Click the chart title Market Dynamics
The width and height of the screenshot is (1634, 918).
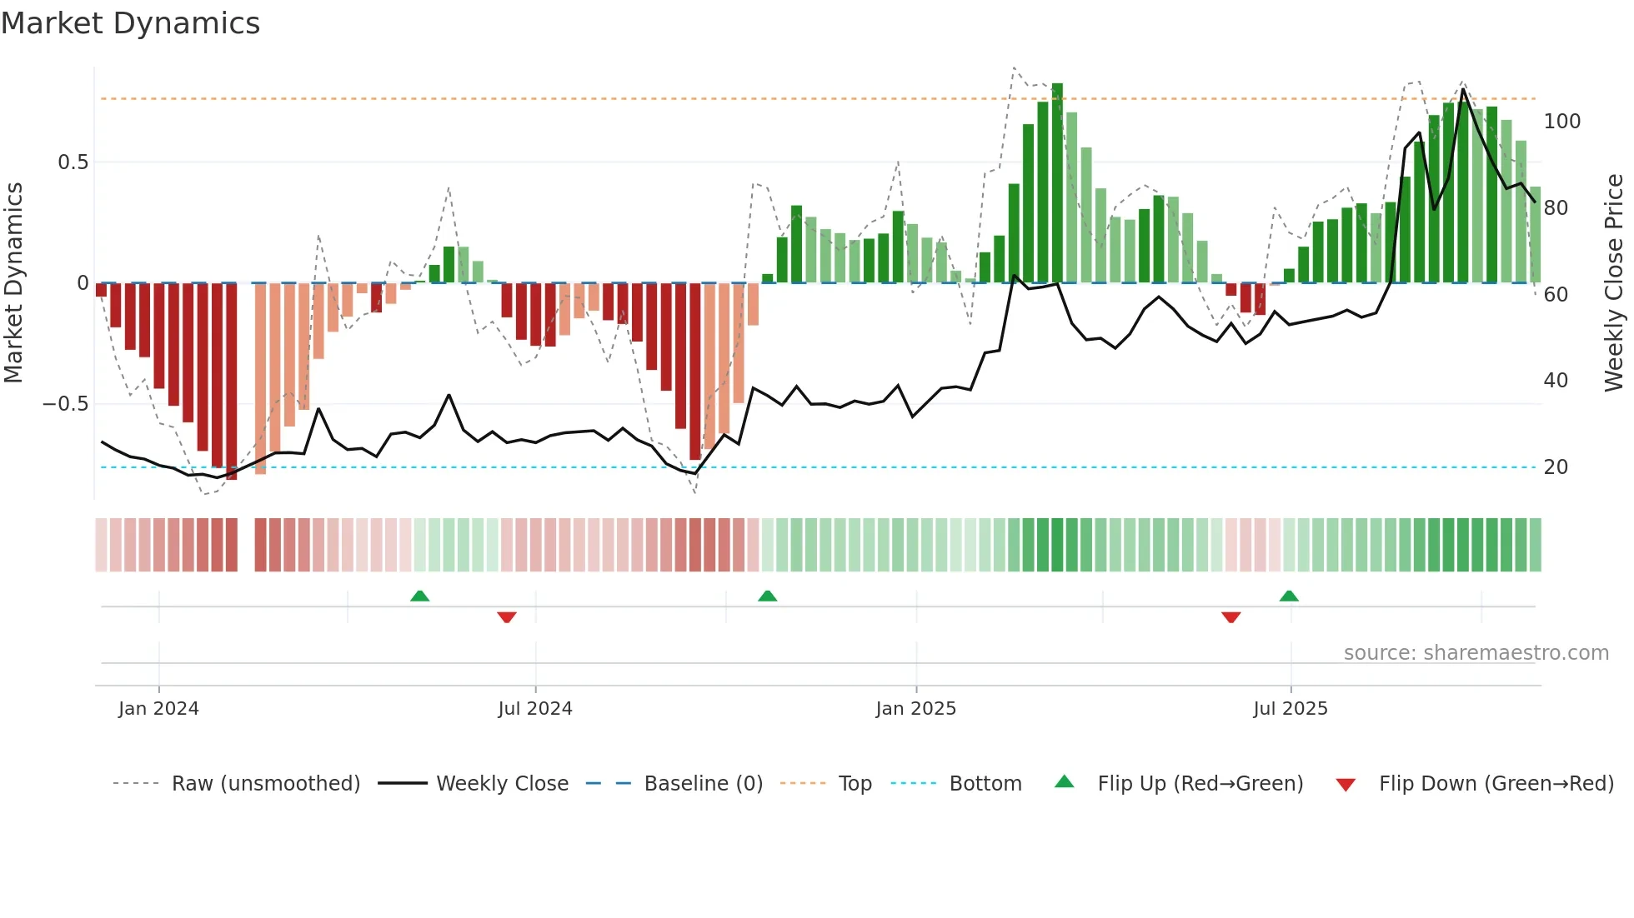coord(130,23)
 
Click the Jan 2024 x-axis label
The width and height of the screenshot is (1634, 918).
coord(158,709)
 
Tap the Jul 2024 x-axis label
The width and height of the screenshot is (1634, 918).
coord(535,709)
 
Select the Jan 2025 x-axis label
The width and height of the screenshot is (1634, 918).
coord(915,709)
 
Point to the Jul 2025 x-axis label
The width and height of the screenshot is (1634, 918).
coord(1290,709)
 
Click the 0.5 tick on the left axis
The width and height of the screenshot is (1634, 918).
coord(73,162)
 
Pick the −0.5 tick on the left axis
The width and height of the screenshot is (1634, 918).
coord(66,404)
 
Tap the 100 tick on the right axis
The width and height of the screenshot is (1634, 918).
coord(1561,122)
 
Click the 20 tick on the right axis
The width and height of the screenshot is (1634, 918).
coord(1556,467)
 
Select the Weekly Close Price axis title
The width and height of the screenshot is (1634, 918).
coord(1614,283)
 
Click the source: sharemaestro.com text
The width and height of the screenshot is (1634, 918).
coord(1476,653)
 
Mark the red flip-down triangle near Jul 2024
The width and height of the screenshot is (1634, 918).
coord(507,617)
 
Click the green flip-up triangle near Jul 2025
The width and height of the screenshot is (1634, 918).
coord(1289,596)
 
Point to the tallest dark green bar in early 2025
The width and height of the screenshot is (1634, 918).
coord(1057,183)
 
